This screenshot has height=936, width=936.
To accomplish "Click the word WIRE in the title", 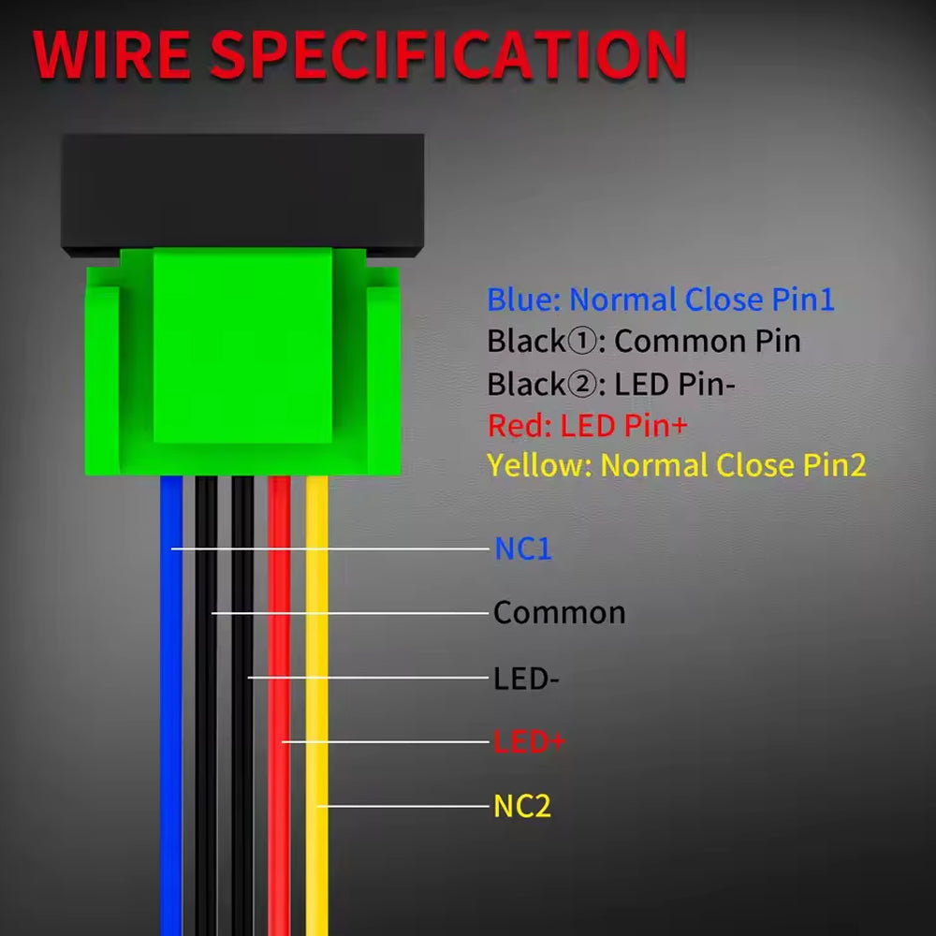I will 112,56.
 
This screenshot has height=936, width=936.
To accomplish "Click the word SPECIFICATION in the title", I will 448,56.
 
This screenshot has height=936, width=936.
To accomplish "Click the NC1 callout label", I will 523,548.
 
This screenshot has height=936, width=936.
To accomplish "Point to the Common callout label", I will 559,613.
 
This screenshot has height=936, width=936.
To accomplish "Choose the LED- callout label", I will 526,678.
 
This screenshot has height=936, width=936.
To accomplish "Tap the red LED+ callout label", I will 529,742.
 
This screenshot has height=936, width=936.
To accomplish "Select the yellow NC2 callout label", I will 521,806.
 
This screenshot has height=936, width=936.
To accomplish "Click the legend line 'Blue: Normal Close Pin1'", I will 660,300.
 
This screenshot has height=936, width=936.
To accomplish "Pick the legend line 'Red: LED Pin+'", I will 587,426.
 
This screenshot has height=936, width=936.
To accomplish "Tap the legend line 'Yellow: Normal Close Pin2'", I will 676,465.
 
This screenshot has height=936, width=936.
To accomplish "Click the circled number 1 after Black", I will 579,342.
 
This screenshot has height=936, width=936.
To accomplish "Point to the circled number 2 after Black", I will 579,384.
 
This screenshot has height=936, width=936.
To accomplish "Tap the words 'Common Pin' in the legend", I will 707,342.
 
